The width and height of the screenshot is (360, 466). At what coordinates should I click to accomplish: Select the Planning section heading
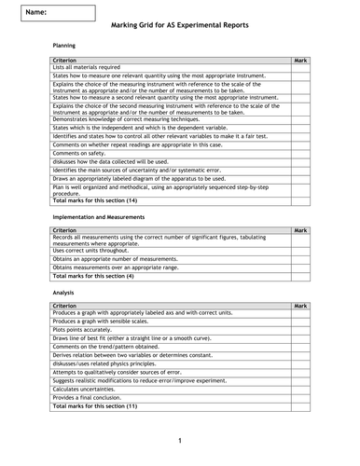pos(64,45)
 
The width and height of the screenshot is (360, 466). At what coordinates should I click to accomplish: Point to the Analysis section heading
pos(63,293)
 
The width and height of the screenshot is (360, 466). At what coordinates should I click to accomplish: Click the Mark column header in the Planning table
pos(299,60)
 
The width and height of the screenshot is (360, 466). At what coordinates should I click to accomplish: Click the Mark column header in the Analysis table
pos(299,305)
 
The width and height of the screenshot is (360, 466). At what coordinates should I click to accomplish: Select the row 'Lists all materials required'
pos(86,67)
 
